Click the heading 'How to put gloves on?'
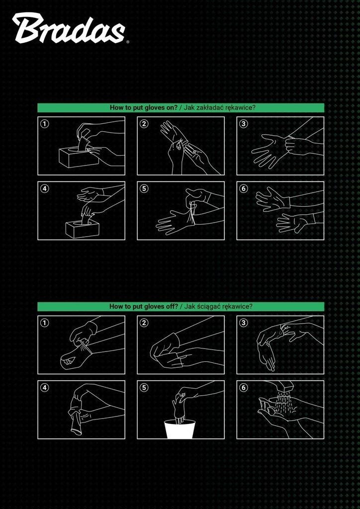click(144, 108)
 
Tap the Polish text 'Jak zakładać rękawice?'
click(219, 108)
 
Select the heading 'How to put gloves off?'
click(144, 306)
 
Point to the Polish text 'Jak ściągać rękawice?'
click(218, 306)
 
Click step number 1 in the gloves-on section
click(44, 123)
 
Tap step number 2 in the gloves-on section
click(144, 123)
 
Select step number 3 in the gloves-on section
click(244, 123)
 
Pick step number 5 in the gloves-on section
click(144, 188)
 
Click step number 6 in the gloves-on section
click(244, 188)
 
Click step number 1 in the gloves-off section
click(44, 322)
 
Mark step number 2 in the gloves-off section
click(144, 322)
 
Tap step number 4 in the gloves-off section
click(44, 387)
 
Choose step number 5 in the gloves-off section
click(144, 387)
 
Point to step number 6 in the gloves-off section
click(244, 387)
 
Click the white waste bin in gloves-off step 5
click(180, 429)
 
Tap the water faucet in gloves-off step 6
click(282, 386)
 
